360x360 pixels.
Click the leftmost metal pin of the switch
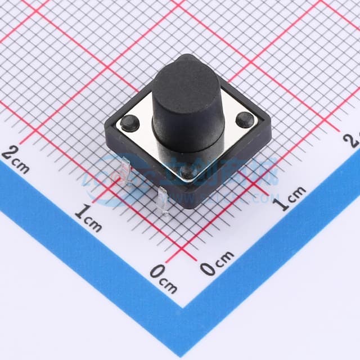(x=124, y=171)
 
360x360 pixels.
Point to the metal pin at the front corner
(x=163, y=202)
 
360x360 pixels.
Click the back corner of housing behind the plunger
(x=186, y=56)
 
